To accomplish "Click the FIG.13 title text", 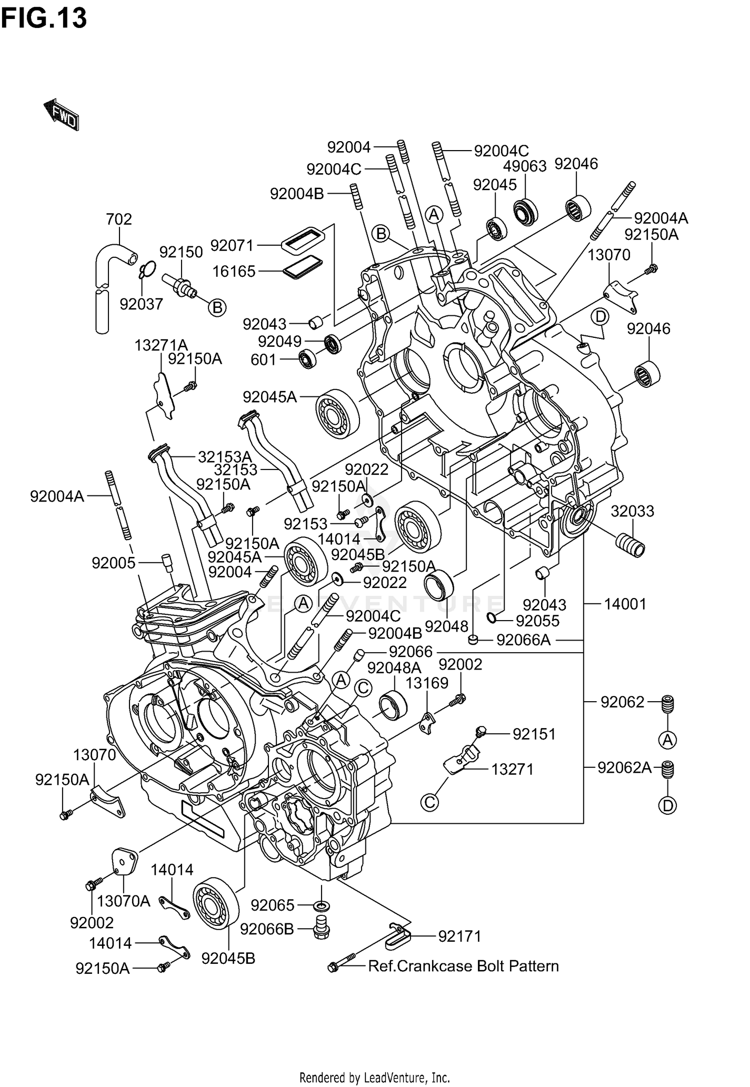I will coord(44,19).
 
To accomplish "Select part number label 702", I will coord(119,219).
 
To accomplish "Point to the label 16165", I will coord(233,271).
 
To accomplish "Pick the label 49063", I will coord(524,166).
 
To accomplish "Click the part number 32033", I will coord(632,511).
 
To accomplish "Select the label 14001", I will coord(625,604).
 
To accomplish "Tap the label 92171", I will coord(459,936).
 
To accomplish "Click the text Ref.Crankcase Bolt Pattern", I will coord(463,966).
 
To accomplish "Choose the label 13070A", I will coord(123,901).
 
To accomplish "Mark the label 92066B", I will coord(267,929).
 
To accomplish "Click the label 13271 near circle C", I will coord(512,769).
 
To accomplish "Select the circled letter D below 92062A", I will coord(668,805).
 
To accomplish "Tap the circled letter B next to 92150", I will coord(217,307).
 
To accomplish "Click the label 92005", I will coord(113,563).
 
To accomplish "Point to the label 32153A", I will coord(224,456).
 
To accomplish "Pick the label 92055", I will coord(537,621).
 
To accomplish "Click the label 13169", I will coord(426,683).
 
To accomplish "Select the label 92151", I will coord(534,734).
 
